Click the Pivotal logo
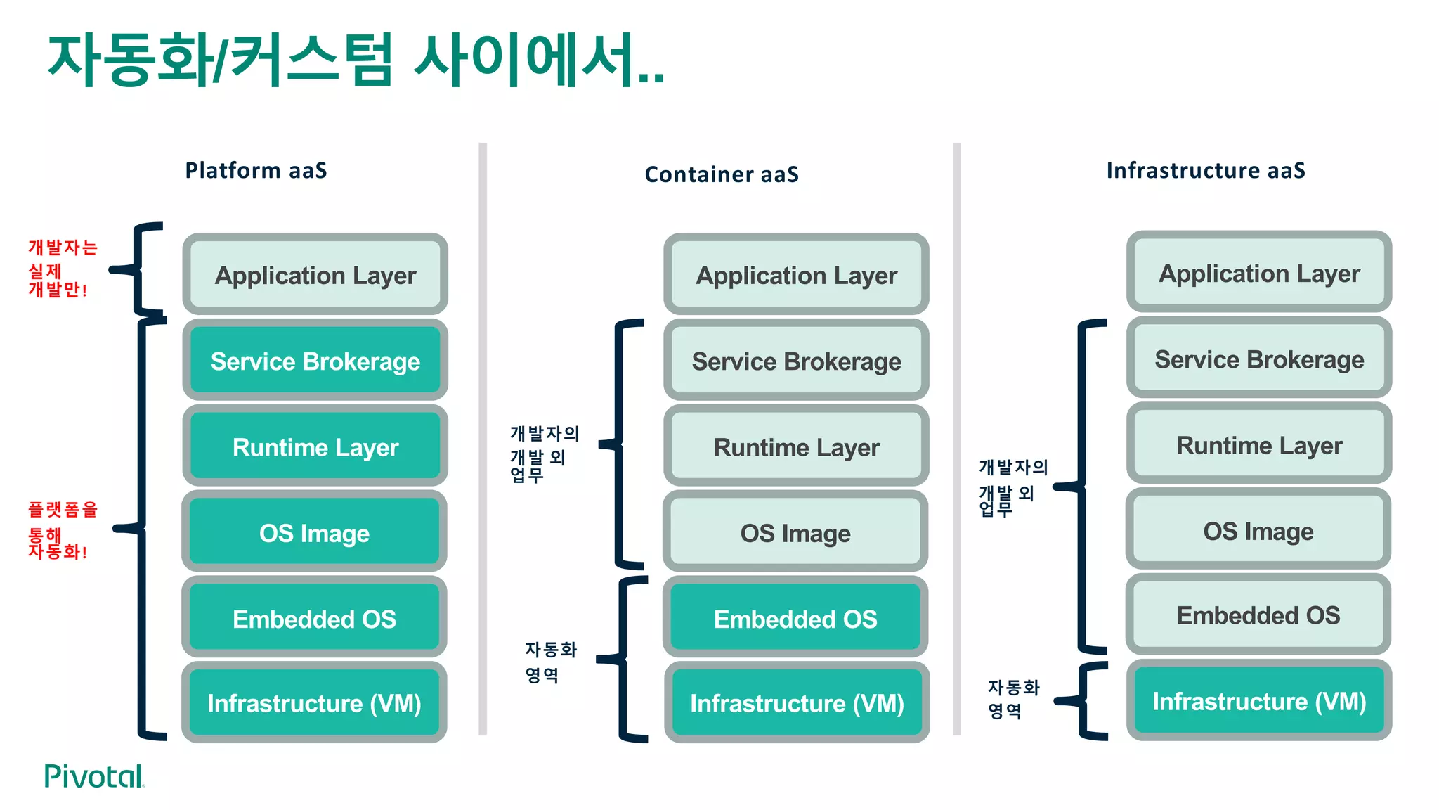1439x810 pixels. click(x=94, y=776)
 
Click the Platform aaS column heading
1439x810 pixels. click(x=256, y=170)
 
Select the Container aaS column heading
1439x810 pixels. click(x=722, y=174)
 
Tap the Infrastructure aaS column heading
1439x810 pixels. click(x=1206, y=170)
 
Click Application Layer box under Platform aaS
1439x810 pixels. click(x=315, y=275)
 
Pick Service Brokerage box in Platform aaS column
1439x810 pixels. click(x=315, y=361)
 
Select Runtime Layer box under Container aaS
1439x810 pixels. click(x=796, y=446)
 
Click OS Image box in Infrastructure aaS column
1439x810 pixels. click(x=1258, y=531)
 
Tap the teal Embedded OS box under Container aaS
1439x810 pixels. click(x=795, y=618)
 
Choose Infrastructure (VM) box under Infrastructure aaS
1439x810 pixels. click(x=1258, y=701)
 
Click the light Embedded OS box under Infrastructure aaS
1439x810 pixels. click(x=1258, y=615)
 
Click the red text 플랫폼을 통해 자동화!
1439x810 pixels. click(x=62, y=530)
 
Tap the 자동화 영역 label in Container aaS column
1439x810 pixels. click(x=550, y=662)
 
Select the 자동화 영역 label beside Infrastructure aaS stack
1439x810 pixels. click(x=1012, y=698)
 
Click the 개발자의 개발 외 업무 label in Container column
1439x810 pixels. click(x=544, y=454)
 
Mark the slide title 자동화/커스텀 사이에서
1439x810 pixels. click(x=355, y=60)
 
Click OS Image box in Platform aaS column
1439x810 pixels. click(x=314, y=532)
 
